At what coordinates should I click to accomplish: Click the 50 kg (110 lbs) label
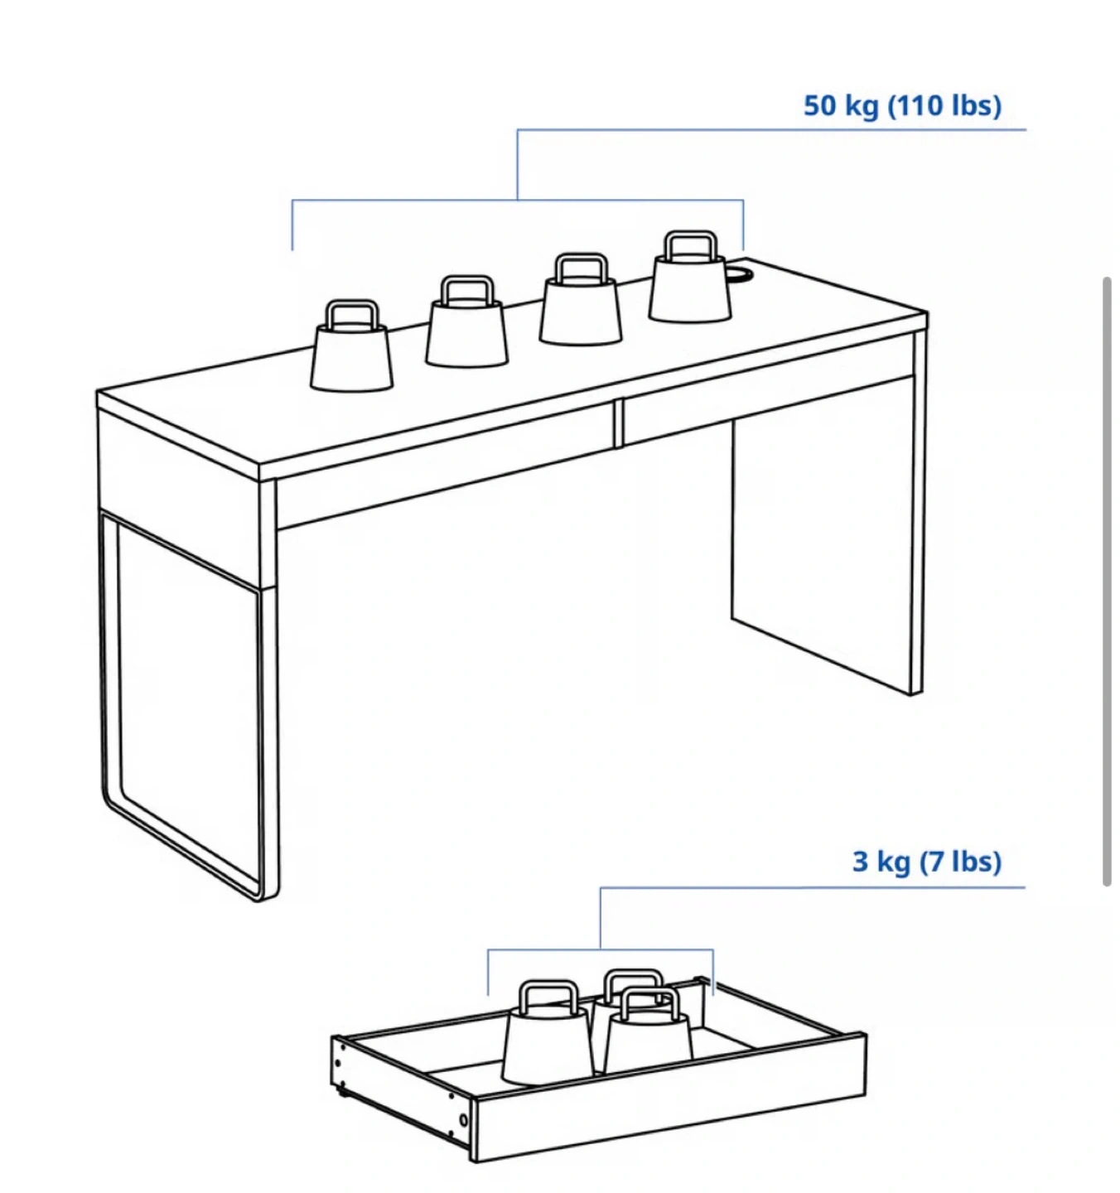click(902, 106)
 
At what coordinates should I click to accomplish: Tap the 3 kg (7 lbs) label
click(926, 862)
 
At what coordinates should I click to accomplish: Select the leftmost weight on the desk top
click(351, 346)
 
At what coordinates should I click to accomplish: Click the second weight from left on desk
click(467, 321)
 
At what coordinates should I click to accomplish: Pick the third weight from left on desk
click(581, 298)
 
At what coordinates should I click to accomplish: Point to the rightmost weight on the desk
click(690, 277)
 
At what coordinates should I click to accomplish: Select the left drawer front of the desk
click(446, 467)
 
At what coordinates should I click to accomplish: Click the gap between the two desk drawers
click(620, 424)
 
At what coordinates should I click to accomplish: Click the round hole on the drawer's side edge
click(462, 1120)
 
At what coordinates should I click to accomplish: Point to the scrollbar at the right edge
click(1107, 581)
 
